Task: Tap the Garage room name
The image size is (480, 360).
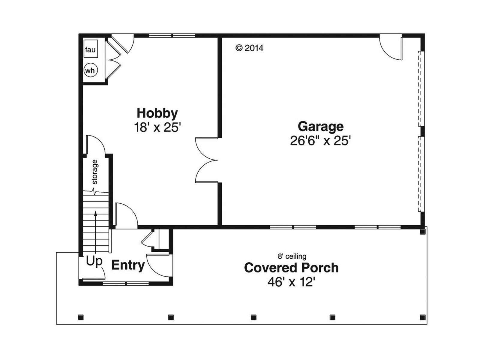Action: pos(321,127)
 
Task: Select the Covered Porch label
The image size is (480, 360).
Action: pos(291,268)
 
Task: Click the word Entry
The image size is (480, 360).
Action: pos(128,265)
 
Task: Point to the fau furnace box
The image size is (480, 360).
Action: pos(91,50)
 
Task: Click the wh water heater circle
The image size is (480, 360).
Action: pos(91,70)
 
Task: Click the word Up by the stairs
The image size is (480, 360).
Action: pos(94,261)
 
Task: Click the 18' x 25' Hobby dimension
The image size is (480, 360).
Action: pos(157,127)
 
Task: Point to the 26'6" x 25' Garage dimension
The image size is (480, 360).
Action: pos(320,140)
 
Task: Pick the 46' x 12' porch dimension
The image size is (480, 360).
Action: pos(291,282)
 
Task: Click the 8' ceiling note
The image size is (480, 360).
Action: pos(292,256)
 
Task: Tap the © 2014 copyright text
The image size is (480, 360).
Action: pos(249,48)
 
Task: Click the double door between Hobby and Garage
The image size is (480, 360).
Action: pos(207,160)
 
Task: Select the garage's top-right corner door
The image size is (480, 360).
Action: pos(391,47)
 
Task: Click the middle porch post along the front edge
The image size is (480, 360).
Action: pos(253,317)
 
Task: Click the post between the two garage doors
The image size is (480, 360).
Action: pos(422,131)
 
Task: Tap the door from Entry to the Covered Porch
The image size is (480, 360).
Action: pos(159,265)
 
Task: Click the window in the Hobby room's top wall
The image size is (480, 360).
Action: pos(172,35)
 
